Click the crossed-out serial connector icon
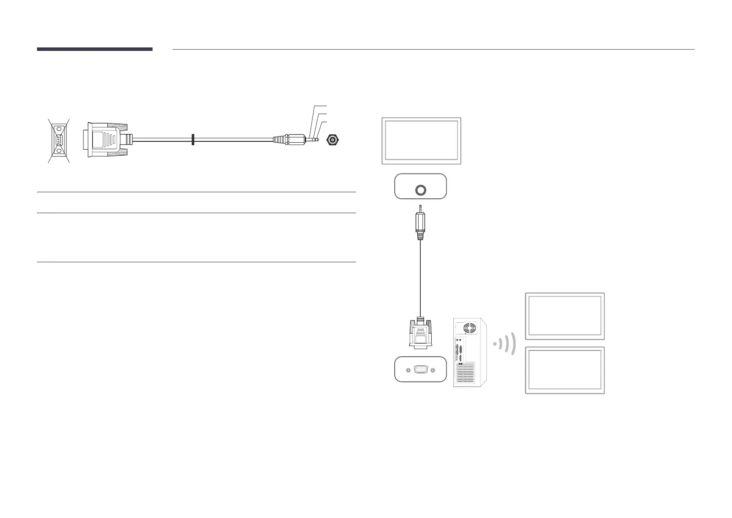[58, 140]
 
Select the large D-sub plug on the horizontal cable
[106, 140]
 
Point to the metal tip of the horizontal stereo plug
[316, 140]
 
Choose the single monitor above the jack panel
[421, 141]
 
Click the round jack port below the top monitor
[421, 190]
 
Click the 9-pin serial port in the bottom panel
[420, 370]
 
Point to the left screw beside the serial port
[408, 370]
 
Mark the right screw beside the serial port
[433, 370]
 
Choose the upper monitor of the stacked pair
[565, 316]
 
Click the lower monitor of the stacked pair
[565, 370]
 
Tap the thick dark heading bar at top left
[94, 49]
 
